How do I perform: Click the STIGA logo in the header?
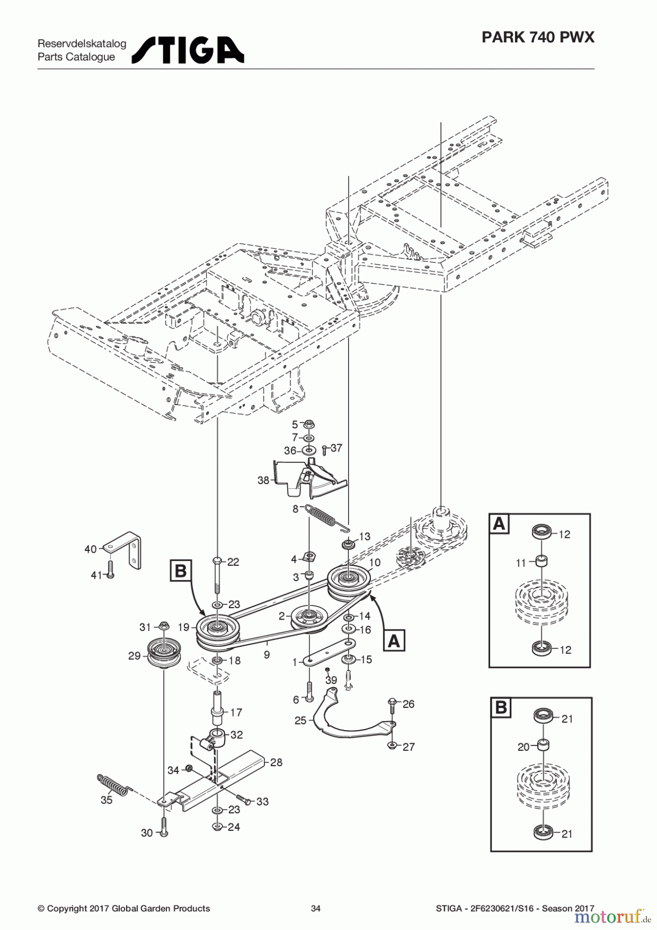(188, 50)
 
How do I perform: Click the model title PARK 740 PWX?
(538, 37)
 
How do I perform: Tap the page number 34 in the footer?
(316, 908)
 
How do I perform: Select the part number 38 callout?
(263, 481)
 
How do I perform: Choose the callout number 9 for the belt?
(267, 655)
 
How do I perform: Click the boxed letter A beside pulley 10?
(394, 641)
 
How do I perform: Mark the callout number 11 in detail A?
(521, 563)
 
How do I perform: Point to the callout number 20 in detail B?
(524, 747)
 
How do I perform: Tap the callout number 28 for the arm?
(276, 762)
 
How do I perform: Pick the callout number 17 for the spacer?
(236, 712)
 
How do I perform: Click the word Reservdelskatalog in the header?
(82, 44)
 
